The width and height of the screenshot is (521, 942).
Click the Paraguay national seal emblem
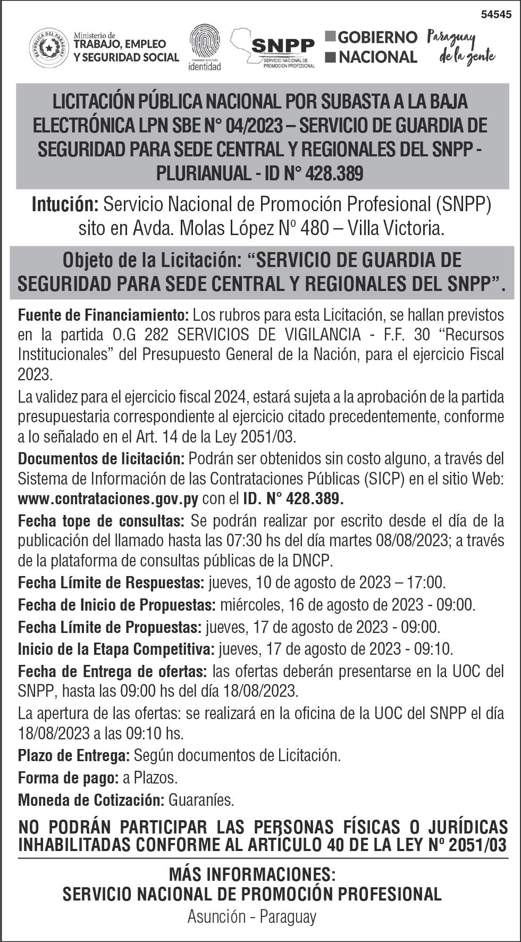tap(49, 48)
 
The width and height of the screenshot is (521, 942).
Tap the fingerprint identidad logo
tap(205, 47)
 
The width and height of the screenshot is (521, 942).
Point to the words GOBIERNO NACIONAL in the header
tap(372, 47)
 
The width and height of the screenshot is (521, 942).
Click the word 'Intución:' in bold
tap(65, 205)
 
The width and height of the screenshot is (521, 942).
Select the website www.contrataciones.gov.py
tap(108, 499)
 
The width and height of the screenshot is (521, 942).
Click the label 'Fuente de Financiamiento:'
tap(103, 315)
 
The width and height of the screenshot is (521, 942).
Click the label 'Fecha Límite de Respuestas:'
tap(111, 582)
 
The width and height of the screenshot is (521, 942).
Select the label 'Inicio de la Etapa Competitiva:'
tap(116, 649)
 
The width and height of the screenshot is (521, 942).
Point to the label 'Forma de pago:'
tap(68, 778)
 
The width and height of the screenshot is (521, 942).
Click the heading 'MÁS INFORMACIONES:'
tap(252, 874)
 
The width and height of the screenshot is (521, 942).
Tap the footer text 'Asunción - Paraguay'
tap(252, 916)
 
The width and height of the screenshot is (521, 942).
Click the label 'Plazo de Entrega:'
tap(73, 755)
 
